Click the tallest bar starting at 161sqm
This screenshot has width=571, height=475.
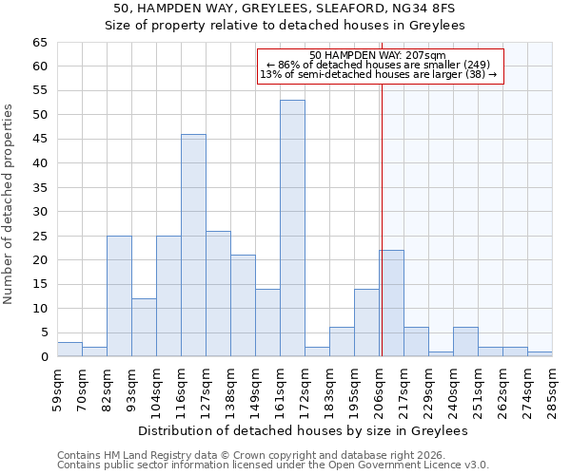[x=292, y=228]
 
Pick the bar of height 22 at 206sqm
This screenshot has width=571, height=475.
[x=391, y=303]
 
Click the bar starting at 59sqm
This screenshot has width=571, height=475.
[x=69, y=350]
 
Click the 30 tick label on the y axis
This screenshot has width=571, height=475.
[x=39, y=212]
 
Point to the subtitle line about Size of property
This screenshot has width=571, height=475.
[x=285, y=26]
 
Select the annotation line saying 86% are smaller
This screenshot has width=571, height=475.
[x=380, y=65]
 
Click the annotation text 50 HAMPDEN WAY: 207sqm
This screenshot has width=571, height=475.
[x=380, y=55]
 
